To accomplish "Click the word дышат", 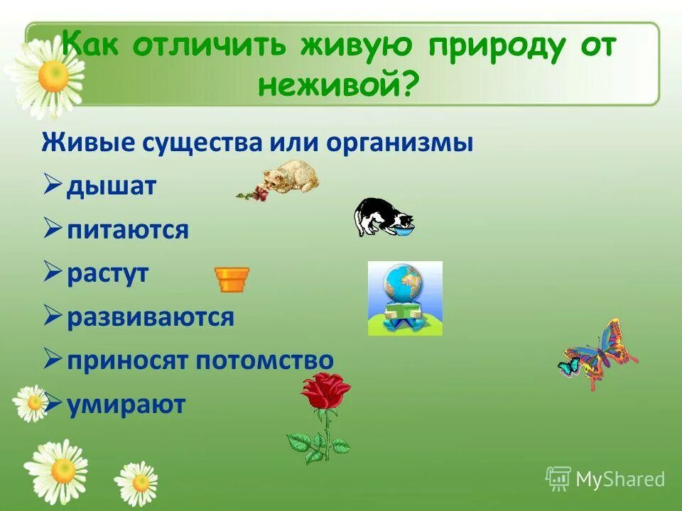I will [112, 187].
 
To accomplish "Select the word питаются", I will [128, 231].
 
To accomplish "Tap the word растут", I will [108, 274].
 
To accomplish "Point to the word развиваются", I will [151, 317].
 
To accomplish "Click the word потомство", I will [264, 361].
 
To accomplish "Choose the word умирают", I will [126, 405].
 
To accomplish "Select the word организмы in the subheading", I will [400, 143].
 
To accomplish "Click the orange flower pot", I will [232, 280].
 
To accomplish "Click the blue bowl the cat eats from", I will [404, 229].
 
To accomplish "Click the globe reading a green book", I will [404, 298].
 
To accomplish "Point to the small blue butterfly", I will [568, 366].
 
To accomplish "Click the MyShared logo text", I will [619, 480].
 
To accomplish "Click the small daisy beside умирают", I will [30, 403].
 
